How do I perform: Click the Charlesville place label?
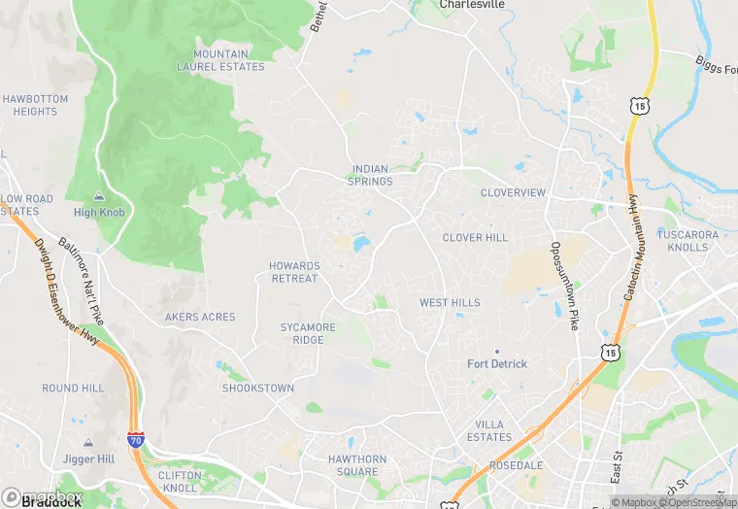point(472,5)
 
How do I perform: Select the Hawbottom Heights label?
point(35,105)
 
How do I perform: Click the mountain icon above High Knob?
point(98,196)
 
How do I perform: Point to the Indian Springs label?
point(370,175)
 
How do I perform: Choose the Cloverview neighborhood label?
point(513,192)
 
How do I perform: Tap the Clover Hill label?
point(475,237)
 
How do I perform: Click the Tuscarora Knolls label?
point(688,241)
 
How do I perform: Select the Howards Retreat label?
point(294,272)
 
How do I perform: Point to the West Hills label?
point(450,303)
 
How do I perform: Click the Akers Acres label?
point(200,317)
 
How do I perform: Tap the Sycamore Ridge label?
point(308,333)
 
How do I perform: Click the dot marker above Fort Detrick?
point(496,351)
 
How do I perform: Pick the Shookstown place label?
point(258,388)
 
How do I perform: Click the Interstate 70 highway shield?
point(134,442)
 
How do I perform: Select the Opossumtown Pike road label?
point(565,286)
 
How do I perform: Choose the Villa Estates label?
point(493,430)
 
